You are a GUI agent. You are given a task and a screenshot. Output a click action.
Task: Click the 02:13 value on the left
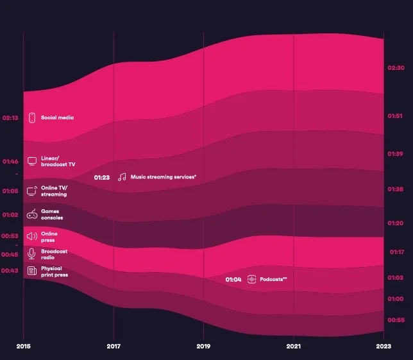10,118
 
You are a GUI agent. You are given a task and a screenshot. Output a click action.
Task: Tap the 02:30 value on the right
396,67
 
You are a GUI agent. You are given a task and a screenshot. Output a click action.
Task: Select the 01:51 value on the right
395,116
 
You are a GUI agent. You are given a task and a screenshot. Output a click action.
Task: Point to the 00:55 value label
396,320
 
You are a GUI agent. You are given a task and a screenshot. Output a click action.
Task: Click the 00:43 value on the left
10,271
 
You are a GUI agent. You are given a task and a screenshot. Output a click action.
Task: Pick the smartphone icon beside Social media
31,117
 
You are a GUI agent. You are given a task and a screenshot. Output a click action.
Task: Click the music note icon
122,177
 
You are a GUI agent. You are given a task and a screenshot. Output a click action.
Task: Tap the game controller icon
31,214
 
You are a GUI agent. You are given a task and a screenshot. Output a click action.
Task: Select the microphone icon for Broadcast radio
31,253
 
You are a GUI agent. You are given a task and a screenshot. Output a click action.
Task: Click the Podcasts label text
273,279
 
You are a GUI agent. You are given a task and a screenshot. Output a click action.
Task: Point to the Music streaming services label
164,177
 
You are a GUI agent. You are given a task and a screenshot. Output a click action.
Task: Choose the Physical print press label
55,271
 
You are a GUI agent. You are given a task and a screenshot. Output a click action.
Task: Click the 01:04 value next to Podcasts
233,279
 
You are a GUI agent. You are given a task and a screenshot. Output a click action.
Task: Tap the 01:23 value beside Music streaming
102,177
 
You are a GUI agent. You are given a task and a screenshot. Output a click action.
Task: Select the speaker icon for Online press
31,236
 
